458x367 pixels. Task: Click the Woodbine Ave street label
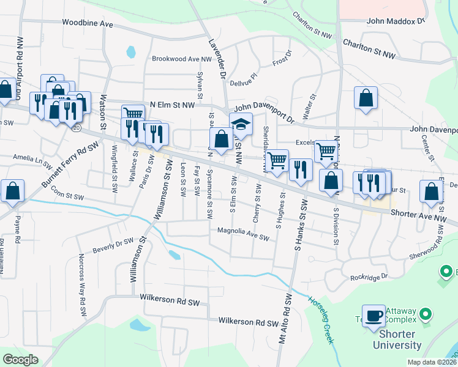(88, 23)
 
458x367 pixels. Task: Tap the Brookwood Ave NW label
(182, 59)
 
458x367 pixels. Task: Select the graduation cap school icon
(241, 124)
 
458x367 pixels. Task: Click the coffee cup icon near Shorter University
(374, 316)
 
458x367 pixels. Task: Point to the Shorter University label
(392, 339)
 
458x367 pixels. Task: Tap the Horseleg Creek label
(322, 319)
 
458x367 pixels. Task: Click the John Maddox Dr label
(395, 21)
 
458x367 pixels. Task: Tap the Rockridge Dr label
(369, 277)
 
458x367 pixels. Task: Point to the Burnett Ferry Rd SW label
(70, 166)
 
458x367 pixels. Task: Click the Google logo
(21, 360)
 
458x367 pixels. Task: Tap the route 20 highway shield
(76, 128)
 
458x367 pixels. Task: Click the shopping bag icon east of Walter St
(366, 98)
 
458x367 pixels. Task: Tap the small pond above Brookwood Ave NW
(130, 52)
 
